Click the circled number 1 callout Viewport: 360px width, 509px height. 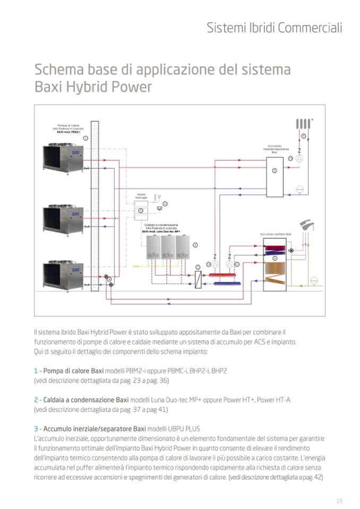85,137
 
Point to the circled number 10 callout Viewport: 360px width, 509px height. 290,158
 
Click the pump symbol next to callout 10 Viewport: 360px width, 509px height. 299,158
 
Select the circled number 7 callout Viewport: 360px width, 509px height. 198,266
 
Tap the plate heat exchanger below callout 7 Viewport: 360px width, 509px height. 198,279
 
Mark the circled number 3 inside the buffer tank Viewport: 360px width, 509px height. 275,170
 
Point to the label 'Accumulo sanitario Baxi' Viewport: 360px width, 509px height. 276,234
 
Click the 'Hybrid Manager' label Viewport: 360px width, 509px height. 141,196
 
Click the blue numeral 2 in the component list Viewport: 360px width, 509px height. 35,400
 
